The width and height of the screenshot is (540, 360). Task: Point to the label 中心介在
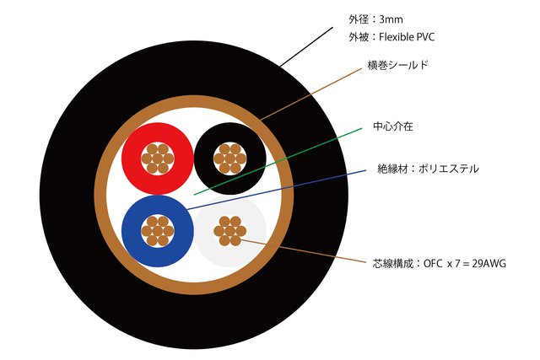(391, 127)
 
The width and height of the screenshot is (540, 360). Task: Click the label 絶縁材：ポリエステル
(428, 169)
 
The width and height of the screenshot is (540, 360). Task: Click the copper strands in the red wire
(157, 158)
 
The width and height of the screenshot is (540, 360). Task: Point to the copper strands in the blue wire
(157, 229)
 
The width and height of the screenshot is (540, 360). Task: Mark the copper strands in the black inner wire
(230, 158)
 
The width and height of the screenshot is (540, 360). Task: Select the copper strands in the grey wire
(229, 229)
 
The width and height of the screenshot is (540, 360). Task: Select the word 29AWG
(489, 263)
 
